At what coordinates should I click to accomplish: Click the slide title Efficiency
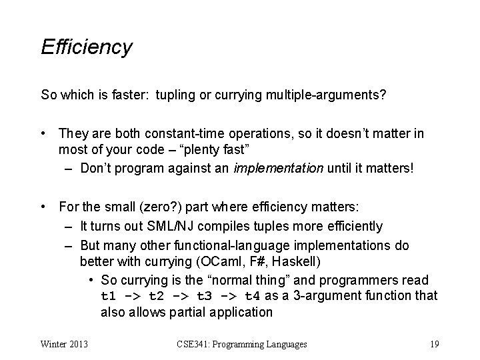click(x=87, y=47)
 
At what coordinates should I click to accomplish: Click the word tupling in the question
click(x=179, y=95)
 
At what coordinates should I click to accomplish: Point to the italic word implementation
click(x=277, y=167)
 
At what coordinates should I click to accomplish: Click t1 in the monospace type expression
click(x=109, y=295)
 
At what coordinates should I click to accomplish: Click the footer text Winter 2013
click(x=65, y=344)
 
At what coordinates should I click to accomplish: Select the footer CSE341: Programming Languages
click(x=242, y=344)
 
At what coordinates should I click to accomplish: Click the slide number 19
click(x=434, y=344)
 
